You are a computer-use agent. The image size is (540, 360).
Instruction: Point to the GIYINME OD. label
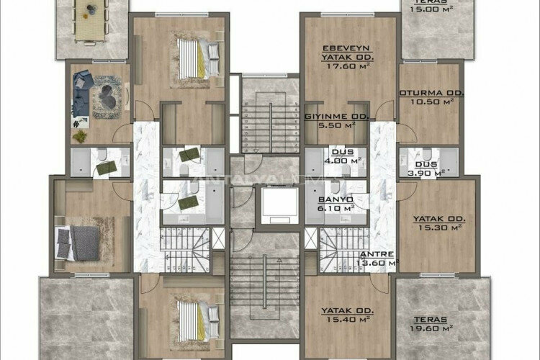337,116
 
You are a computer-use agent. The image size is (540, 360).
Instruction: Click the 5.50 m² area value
337,125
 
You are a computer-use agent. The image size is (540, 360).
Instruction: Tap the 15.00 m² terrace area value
430,9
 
